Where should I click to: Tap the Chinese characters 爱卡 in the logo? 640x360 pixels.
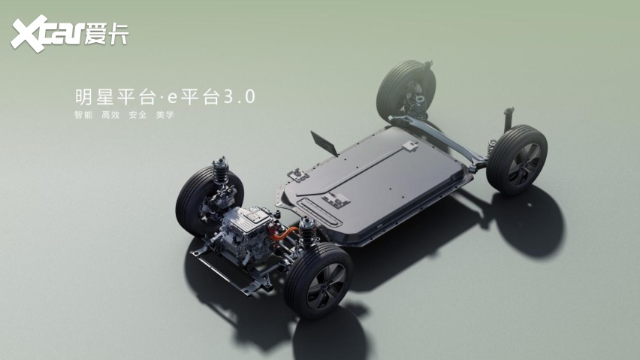[x=107, y=34]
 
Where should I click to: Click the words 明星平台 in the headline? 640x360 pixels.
[x=115, y=97]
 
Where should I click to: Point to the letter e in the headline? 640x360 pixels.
[x=173, y=98]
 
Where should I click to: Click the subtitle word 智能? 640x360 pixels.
[x=83, y=115]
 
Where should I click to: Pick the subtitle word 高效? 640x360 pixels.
[x=110, y=115]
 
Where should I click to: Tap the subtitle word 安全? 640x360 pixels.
[x=137, y=115]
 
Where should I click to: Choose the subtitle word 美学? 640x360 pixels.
[x=165, y=115]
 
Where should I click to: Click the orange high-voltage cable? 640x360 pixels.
[x=282, y=234]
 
